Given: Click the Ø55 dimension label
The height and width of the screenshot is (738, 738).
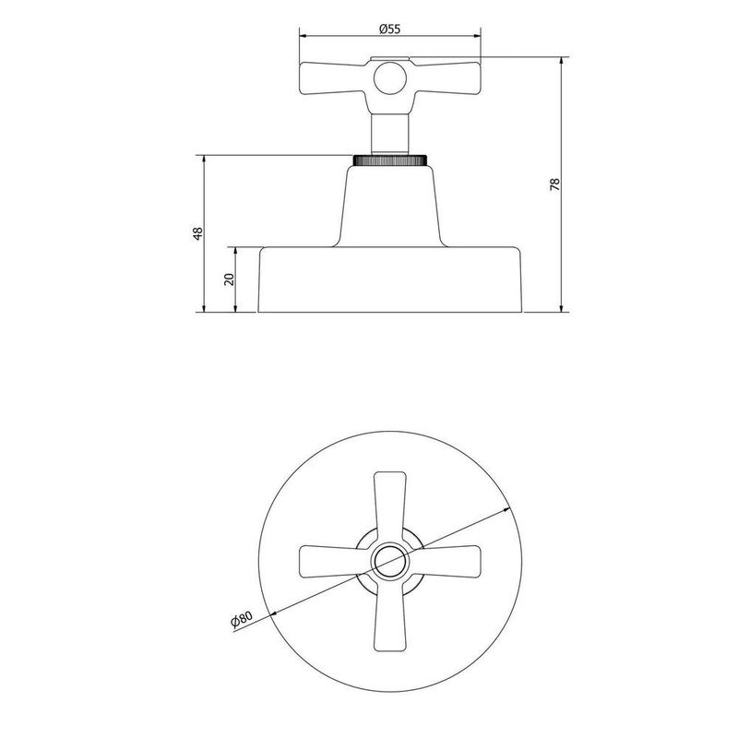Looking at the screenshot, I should pyautogui.click(x=389, y=29).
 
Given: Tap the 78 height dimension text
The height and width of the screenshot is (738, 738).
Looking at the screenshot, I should pyautogui.click(x=554, y=184).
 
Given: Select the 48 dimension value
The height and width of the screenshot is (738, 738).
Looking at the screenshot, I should pyautogui.click(x=196, y=233).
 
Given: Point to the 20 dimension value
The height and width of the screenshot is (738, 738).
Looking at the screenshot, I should pyautogui.click(x=230, y=279).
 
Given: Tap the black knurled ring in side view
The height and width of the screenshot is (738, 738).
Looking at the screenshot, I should pyautogui.click(x=390, y=161).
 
